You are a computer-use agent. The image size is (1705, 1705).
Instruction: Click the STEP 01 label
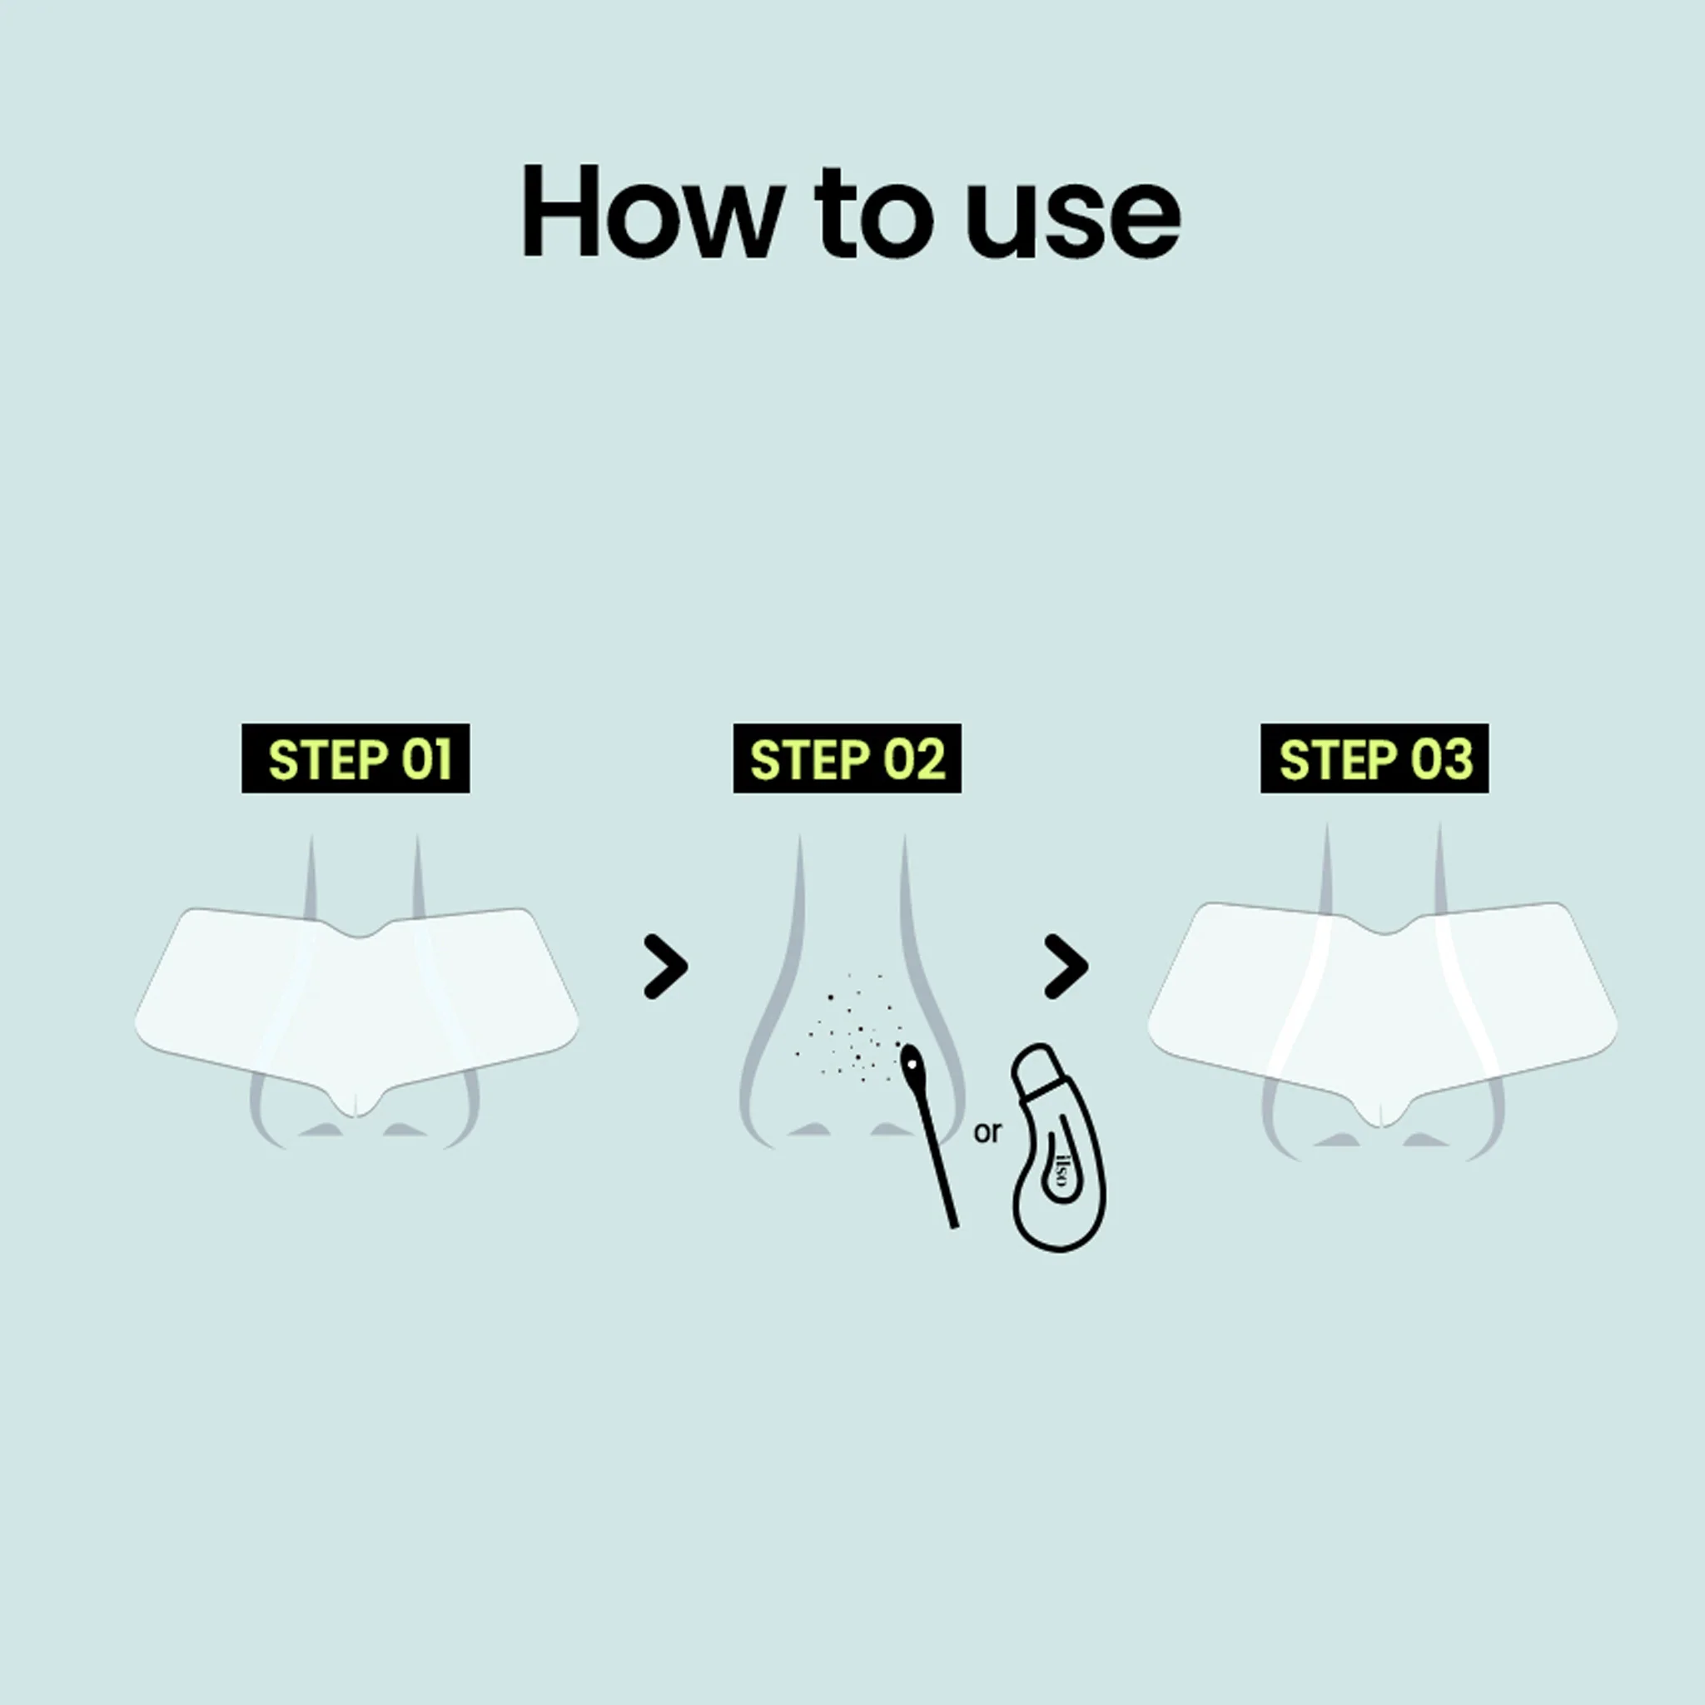(x=355, y=759)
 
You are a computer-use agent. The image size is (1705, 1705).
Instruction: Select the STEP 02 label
(x=848, y=759)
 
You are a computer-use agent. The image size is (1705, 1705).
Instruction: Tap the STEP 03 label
(x=1374, y=759)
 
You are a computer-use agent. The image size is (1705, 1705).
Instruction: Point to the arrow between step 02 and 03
(x=1067, y=967)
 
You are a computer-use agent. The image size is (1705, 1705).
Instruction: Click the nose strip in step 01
(x=356, y=1006)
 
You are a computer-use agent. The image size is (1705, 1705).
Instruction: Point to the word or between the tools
(x=987, y=1132)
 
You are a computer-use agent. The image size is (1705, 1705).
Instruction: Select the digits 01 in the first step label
(x=426, y=759)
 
